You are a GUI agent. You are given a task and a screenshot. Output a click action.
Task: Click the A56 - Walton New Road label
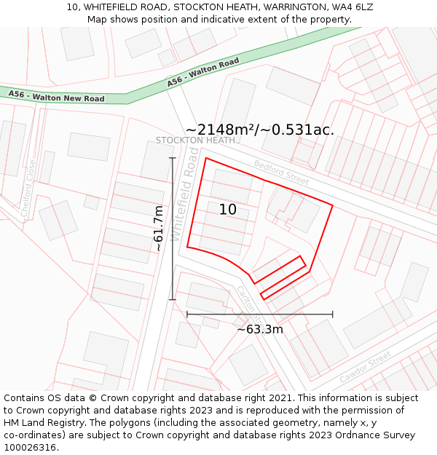[x=56, y=96]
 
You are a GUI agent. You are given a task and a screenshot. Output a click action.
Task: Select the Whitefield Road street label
[x=186, y=194]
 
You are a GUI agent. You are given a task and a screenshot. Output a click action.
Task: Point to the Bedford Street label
[x=281, y=172]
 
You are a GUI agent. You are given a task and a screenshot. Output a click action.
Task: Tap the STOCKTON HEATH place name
[x=195, y=140]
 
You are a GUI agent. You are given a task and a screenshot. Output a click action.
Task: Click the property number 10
[x=228, y=210]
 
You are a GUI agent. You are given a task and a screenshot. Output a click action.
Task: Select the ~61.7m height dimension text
[x=158, y=229]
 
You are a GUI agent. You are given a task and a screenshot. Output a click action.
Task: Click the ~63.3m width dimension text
[x=260, y=329]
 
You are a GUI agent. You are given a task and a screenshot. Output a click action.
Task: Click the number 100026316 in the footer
[x=30, y=447]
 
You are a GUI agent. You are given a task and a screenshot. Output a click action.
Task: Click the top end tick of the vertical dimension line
[x=173, y=158]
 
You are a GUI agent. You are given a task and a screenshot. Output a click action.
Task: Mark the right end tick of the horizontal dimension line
[x=333, y=314]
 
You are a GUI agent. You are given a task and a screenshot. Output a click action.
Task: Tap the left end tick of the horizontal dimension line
[x=187, y=314]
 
